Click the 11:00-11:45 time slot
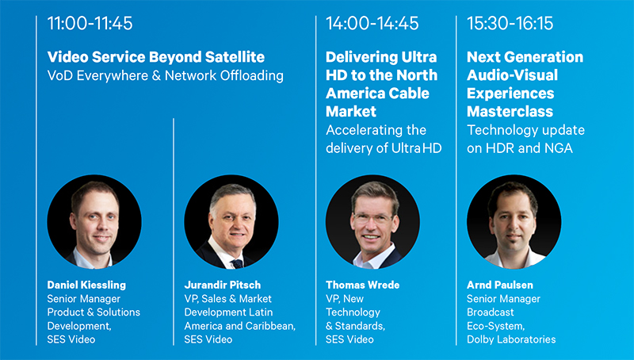[x=90, y=23]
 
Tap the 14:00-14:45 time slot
[x=372, y=23]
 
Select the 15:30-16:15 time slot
[x=510, y=23]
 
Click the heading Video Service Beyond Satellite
[x=156, y=57]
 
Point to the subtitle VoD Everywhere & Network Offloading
[x=166, y=75]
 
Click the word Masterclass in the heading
[x=510, y=111]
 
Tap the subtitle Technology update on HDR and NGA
[x=525, y=139]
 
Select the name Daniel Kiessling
[x=86, y=285]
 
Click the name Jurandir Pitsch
[x=223, y=285]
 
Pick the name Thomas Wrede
[x=363, y=285]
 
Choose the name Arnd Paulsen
[x=500, y=285]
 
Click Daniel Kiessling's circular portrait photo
[x=94, y=222]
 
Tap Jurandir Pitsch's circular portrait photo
[x=231, y=222]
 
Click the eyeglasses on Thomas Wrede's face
[x=372, y=218]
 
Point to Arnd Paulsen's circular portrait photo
[x=514, y=222]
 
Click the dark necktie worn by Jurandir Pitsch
[x=237, y=264]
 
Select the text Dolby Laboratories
[x=511, y=339]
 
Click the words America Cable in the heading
[x=378, y=94]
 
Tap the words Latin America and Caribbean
[x=240, y=319]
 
